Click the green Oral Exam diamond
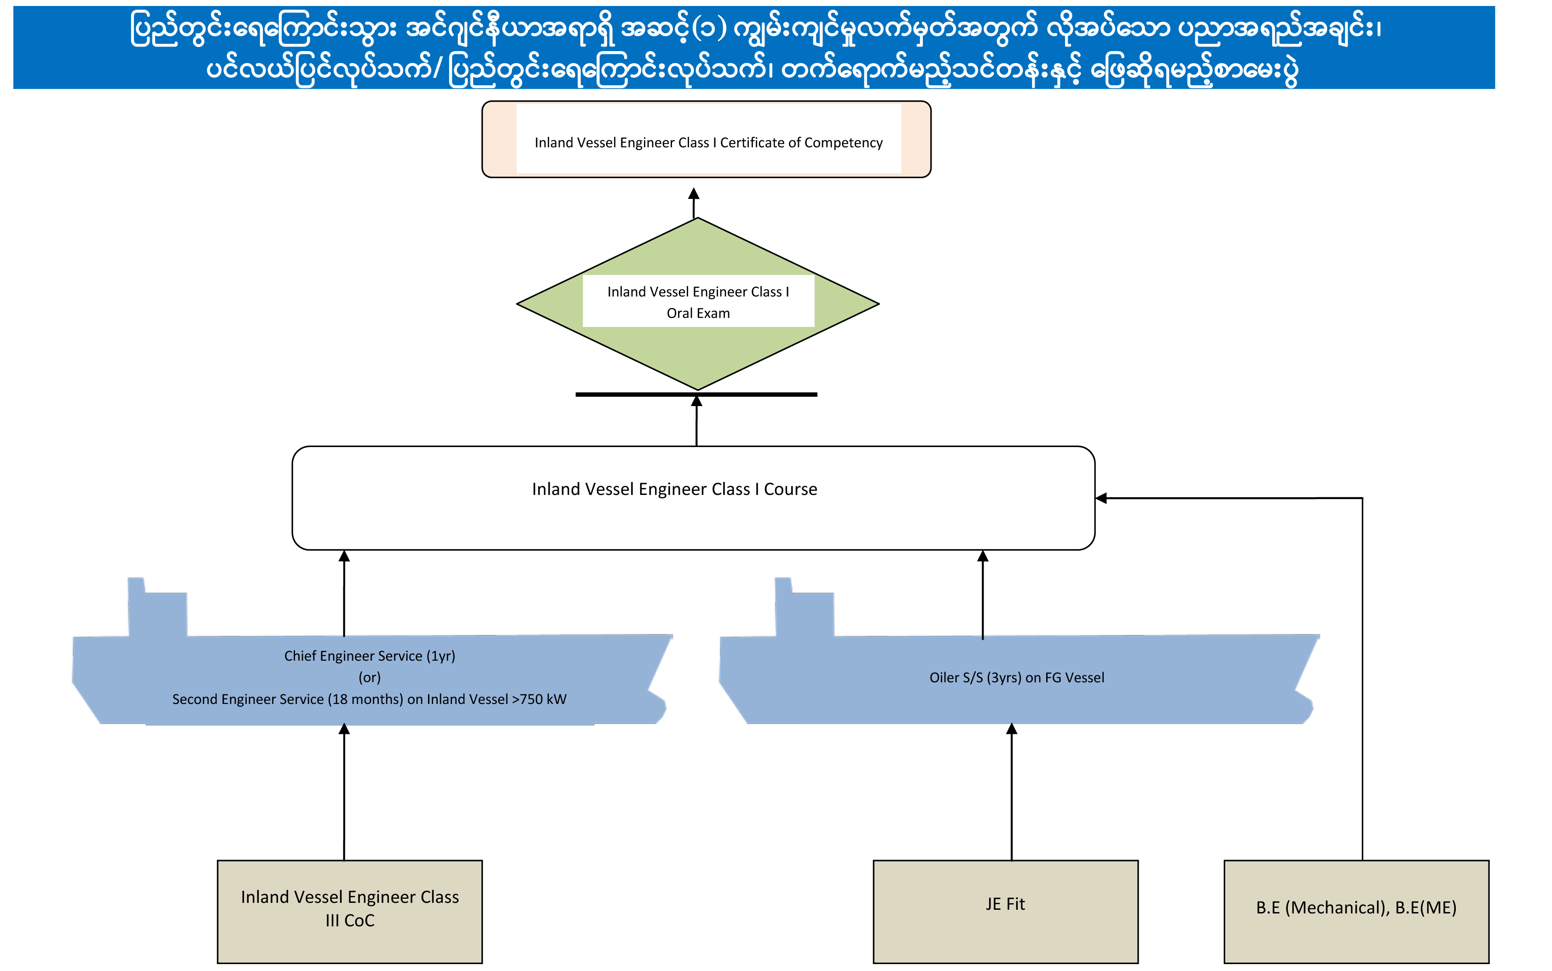click(x=698, y=360)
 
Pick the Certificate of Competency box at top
click(x=706, y=140)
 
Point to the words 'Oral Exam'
click(x=698, y=314)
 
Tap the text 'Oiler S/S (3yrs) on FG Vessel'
click(x=1017, y=678)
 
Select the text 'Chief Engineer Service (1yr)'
click(x=370, y=656)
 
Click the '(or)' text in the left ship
click(x=370, y=678)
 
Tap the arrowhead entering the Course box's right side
click(x=1101, y=498)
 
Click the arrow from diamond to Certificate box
click(x=694, y=202)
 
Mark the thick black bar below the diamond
click(x=696, y=394)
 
